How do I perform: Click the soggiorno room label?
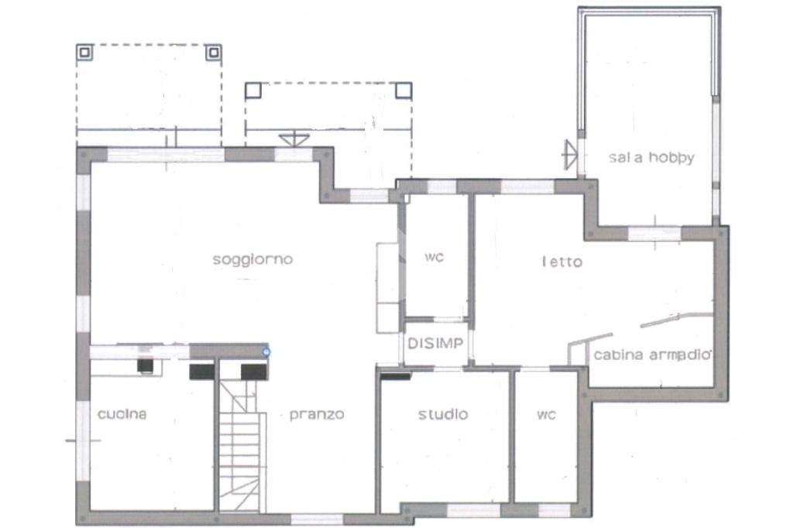[252, 259]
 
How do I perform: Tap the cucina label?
[122, 414]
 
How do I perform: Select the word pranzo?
[317, 415]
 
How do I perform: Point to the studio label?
[443, 414]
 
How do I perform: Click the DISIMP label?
[435, 344]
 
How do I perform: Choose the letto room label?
[562, 262]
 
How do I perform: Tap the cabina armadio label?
[652, 355]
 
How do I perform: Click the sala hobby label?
[651, 157]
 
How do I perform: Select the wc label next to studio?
[546, 415]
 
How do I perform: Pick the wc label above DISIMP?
[434, 257]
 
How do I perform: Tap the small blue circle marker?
[266, 351]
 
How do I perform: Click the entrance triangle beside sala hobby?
[570, 155]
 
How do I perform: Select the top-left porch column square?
[84, 52]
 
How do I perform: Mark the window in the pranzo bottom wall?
[317, 519]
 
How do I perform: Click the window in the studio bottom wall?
[473, 509]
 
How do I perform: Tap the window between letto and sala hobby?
[654, 234]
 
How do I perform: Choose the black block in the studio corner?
[396, 376]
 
